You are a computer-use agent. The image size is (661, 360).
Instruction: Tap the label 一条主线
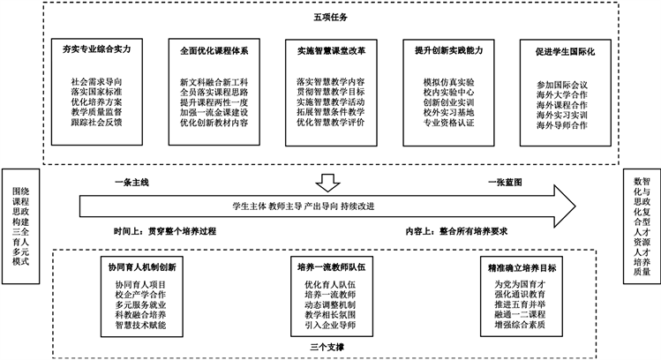[x=131, y=182]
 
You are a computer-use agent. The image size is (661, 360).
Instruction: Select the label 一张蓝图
[x=508, y=182]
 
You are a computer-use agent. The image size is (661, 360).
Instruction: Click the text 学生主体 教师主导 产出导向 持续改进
[x=303, y=206]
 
